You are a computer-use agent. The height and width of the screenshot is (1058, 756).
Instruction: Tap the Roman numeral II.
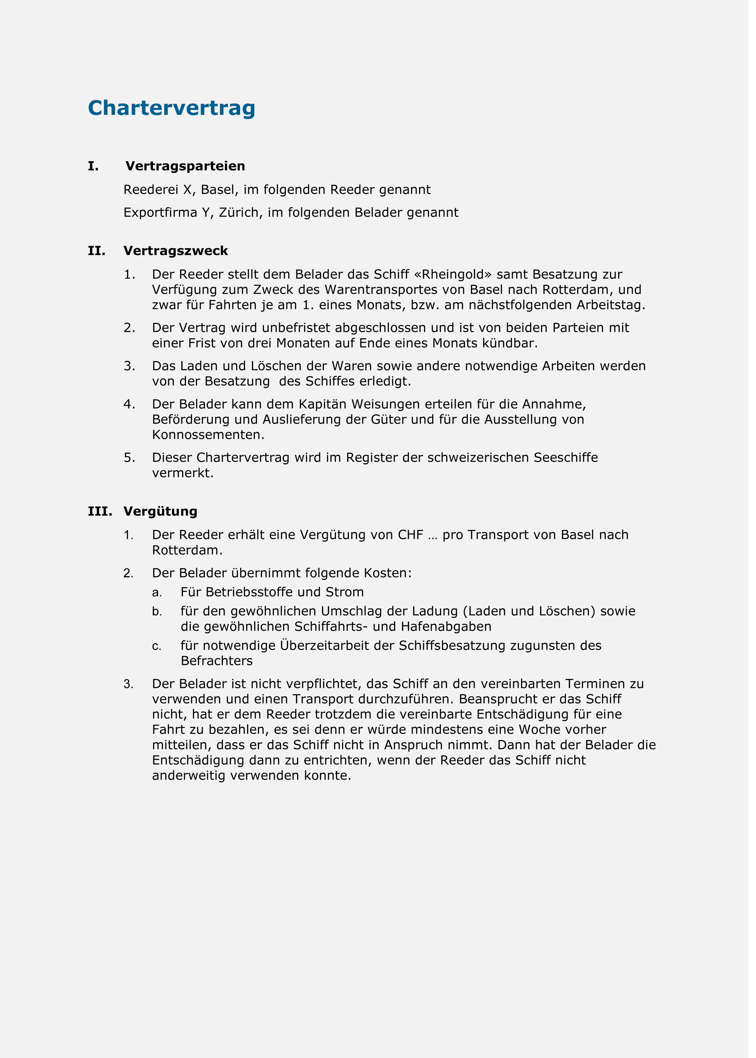[96, 251]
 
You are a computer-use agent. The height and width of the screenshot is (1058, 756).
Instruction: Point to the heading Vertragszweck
[175, 251]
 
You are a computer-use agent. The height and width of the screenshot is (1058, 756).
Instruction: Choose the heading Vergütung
[160, 511]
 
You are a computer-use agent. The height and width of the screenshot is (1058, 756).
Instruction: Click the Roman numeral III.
[99, 511]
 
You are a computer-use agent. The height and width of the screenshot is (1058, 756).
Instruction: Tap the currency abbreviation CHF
[410, 535]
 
